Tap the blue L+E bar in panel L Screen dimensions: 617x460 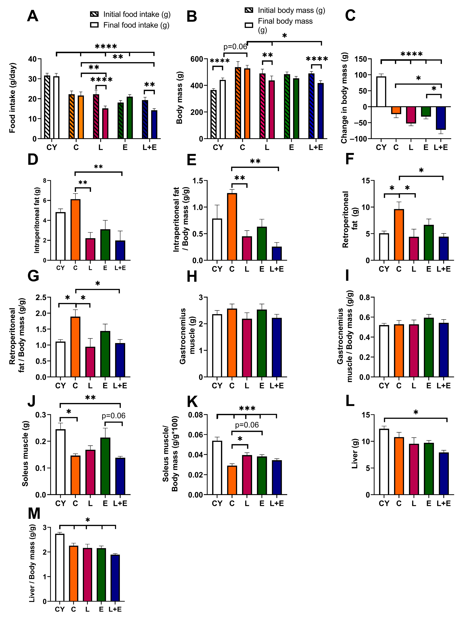point(444,474)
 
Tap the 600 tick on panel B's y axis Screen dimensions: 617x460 point(196,59)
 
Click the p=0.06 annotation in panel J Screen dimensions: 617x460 point(113,416)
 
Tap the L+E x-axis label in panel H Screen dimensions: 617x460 point(276,386)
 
